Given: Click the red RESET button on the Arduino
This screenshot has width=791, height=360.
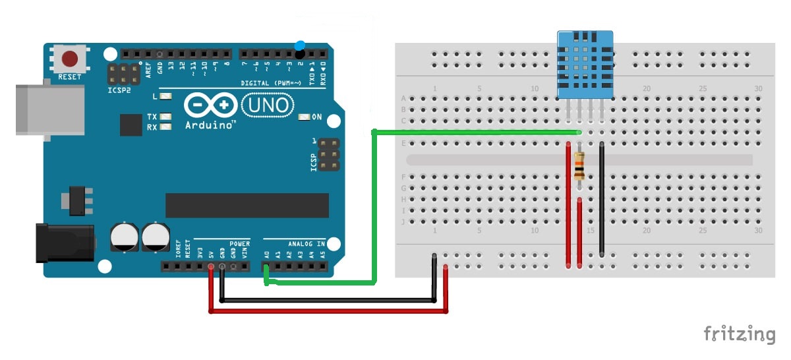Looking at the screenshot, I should (x=69, y=59).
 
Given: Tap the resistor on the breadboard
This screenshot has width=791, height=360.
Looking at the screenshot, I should (x=579, y=167).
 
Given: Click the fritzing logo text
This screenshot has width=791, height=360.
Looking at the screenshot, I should (x=739, y=334).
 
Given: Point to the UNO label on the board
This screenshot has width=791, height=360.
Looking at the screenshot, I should (x=266, y=105).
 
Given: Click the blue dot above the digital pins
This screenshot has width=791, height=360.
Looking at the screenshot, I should (x=301, y=45).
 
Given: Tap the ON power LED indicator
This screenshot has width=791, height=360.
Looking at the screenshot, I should (x=305, y=117).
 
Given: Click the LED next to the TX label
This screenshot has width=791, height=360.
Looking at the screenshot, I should (x=165, y=117).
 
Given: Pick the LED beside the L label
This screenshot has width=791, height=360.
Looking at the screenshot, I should (x=165, y=96).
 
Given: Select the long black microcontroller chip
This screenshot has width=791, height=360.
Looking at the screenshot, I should (x=247, y=205).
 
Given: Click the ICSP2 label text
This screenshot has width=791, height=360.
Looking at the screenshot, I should (x=119, y=90).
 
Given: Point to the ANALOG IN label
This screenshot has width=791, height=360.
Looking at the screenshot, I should (x=306, y=243).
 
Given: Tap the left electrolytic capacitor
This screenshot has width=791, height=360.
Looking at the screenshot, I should (x=124, y=237).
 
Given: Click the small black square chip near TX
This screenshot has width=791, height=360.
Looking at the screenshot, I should (x=131, y=125).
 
